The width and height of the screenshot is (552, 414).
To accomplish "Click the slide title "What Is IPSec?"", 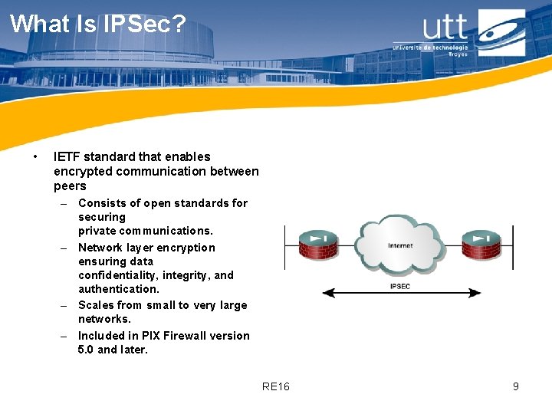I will [97, 24].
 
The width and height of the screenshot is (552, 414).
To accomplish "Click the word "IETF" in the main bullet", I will [65, 156].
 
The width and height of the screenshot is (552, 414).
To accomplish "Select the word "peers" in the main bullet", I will [70, 186].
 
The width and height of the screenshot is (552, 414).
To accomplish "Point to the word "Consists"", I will [100, 203].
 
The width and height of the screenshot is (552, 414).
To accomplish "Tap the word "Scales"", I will [96, 305].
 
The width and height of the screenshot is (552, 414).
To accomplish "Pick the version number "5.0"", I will [86, 350].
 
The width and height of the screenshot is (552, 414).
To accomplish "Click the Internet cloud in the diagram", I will [399, 245].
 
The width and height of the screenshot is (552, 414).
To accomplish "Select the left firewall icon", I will [317, 245].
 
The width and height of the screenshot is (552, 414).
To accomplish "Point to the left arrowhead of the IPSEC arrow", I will [327, 293].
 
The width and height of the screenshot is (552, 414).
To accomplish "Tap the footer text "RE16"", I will [275, 386].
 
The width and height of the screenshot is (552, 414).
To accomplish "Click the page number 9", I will [516, 386].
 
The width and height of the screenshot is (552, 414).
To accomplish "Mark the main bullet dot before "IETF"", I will [36, 157].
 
